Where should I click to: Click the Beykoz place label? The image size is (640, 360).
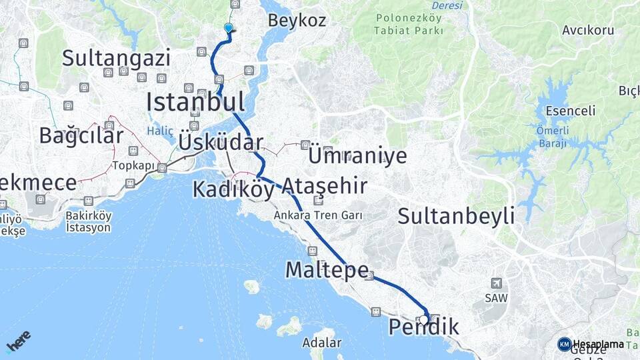pos(297,20)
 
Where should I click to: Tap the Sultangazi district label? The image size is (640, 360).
pos(116,58)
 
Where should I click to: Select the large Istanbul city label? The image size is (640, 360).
pos(195,102)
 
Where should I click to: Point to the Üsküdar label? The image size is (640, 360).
pos(220,142)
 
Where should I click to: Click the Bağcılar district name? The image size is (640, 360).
pos(81,135)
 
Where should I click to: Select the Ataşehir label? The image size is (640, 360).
pos(324,185)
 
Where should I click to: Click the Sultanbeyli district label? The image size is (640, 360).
pos(456,215)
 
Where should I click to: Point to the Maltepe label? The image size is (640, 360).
pos(327,269)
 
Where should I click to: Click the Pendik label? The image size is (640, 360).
pos(424,327)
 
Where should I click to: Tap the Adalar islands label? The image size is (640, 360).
pos(321,343)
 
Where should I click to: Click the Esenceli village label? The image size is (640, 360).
pos(570,111)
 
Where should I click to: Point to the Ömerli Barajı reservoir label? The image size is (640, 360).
pos(551,137)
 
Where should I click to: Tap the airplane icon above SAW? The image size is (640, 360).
pos(495,283)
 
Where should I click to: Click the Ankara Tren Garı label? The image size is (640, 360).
pos(318,215)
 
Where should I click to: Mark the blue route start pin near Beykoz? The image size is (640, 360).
pos(229,28)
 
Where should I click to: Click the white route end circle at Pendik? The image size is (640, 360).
pos(424,319)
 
